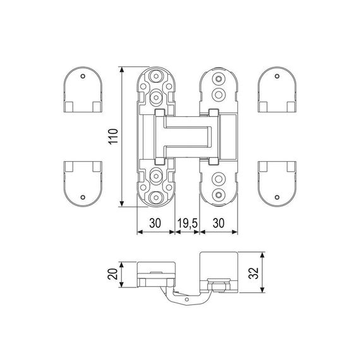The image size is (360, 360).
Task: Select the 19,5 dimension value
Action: pos(187,223)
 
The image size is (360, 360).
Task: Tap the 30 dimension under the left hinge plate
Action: pos(155,223)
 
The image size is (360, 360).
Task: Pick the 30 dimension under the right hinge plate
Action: pos(219,223)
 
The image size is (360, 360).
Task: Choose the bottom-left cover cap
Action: pos(84,183)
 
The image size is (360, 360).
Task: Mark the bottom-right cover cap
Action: pos(277,183)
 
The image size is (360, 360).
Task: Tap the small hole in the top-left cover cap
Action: pos(84,76)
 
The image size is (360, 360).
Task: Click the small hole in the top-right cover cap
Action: pos(277,76)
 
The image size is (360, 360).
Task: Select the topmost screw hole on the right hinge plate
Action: pos(219,79)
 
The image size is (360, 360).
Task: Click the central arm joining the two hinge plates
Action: pos(187,135)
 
